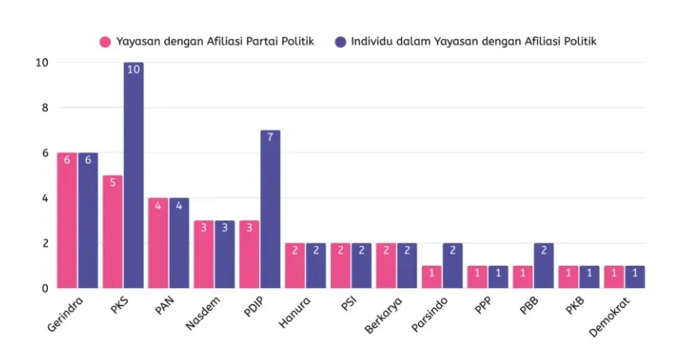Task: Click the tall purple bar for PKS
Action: coord(133,176)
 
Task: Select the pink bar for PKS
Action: coord(112,231)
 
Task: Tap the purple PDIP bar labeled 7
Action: coord(270,209)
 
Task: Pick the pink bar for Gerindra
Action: coord(67,220)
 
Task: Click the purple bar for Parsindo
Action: coord(451,265)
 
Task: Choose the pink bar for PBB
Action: coord(522,277)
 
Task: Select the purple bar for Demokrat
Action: coord(634,277)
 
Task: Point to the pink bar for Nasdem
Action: coord(203,254)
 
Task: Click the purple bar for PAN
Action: coord(179,243)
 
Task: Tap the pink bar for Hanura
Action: coord(294,265)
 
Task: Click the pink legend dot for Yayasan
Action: coord(104,42)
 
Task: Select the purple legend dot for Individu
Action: coord(341,42)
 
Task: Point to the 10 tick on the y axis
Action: coord(42,63)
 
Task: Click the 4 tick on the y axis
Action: coord(45,198)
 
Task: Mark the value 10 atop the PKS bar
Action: coord(133,69)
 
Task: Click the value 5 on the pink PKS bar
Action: coord(112,182)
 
